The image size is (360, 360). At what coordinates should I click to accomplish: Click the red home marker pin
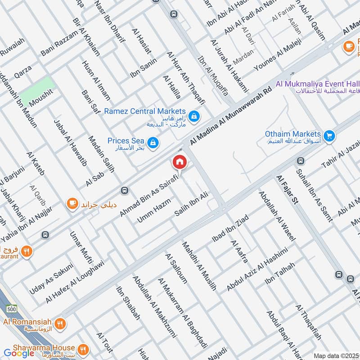[179, 162]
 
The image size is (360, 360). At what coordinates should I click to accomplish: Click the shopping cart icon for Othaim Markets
[329, 135]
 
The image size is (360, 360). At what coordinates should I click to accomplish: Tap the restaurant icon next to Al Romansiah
[60, 323]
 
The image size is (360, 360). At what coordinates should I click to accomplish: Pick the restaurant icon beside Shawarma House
[82, 349]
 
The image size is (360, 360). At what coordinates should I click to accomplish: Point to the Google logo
[19, 353]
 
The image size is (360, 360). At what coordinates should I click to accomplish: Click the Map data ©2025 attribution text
[336, 356]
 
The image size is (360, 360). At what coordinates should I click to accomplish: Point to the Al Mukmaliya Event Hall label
[317, 84]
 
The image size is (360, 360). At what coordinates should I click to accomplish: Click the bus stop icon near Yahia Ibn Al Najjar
[45, 235]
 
